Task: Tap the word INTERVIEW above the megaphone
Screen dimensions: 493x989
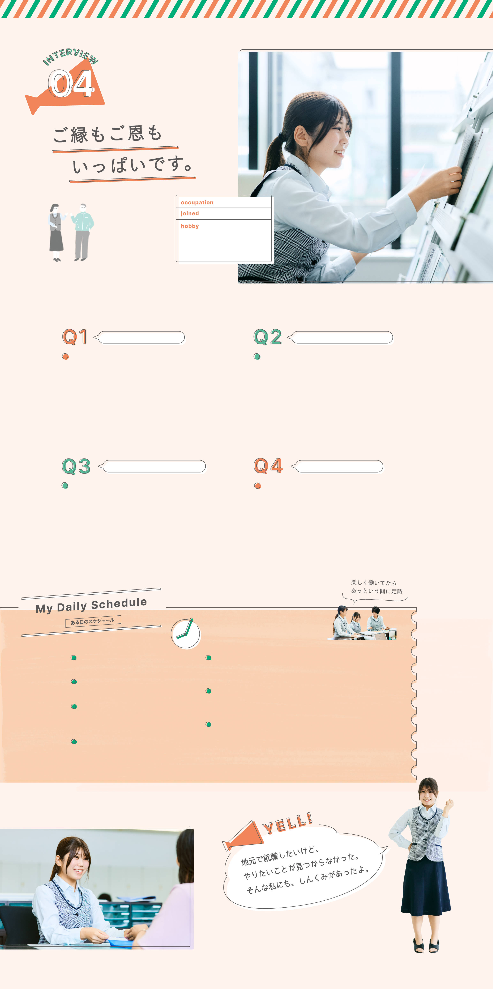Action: [70, 56]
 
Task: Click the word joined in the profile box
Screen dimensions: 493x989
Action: [190, 213]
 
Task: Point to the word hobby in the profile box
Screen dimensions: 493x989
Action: [190, 226]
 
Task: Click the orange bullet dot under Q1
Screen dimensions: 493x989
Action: [65, 356]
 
